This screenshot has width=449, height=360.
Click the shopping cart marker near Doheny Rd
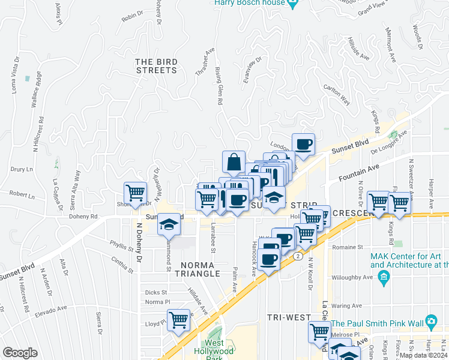[135, 193]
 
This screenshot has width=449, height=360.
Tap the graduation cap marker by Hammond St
[169, 224]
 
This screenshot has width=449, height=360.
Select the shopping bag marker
[234, 162]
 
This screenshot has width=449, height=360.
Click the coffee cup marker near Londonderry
[303, 144]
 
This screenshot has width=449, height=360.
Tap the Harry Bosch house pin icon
[292, 4]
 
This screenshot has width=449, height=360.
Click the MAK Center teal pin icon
[384, 277]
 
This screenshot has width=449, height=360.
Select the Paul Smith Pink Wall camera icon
[430, 321]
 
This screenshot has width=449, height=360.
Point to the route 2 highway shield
[298, 256]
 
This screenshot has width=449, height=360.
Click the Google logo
[20, 352]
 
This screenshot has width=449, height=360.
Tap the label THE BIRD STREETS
[156, 66]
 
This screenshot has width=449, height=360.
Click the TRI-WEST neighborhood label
[289, 317]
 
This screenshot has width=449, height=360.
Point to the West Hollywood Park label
[214, 351]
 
